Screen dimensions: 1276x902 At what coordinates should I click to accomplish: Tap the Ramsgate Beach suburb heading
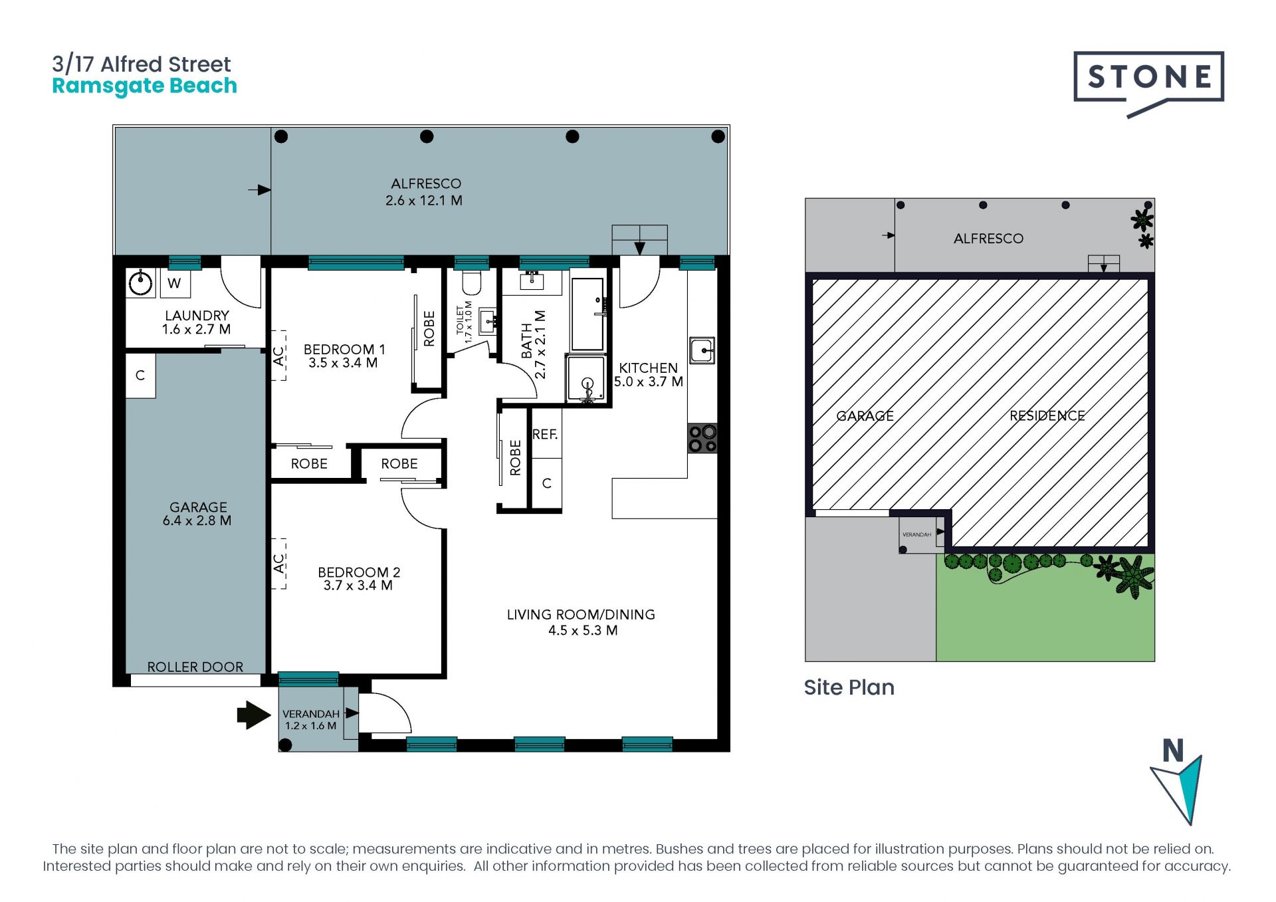pos(144,86)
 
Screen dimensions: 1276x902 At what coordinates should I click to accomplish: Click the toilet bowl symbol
pos(471,282)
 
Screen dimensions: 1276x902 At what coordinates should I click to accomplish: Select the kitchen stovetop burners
pos(702,439)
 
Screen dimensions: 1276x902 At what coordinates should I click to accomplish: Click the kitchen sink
pos(702,350)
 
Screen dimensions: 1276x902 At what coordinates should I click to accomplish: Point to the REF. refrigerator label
pos(545,435)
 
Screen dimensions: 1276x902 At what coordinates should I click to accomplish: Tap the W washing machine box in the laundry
pos(175,284)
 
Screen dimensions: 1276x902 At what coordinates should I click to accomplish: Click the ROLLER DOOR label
pos(195,667)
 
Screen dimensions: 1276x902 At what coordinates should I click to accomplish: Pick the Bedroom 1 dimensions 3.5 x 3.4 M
pos(343,363)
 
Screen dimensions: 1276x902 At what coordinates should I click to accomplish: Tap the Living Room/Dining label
pos(581,615)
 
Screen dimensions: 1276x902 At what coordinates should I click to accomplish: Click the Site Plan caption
pos(849,687)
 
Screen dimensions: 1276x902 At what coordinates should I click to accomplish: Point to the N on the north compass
pos(1173,751)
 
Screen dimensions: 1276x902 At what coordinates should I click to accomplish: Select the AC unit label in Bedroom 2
pos(279,564)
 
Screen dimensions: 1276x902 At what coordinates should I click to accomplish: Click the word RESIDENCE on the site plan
pos(1047,416)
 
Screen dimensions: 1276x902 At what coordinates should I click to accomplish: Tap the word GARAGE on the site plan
pos(865,416)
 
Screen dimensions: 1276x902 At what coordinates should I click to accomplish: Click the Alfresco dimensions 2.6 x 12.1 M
pos(424,201)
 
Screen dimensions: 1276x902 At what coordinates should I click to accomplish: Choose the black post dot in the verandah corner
pos(286,745)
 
